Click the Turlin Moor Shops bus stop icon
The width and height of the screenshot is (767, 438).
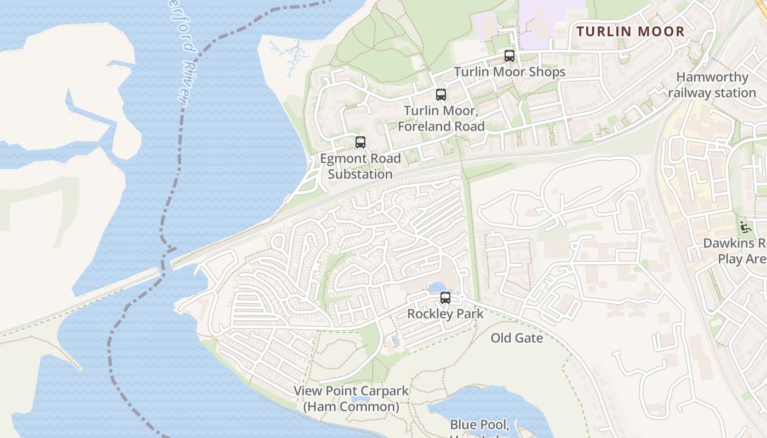coord(510,56)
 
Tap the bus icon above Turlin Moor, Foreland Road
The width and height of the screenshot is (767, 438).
coord(441,95)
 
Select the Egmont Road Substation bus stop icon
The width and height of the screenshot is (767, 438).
coord(360,142)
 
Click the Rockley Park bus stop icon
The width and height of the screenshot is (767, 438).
coord(445,298)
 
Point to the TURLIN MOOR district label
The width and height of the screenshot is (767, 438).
coord(631,31)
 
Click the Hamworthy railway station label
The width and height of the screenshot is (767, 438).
coord(712,85)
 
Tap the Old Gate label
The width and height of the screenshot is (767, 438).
coord(517,338)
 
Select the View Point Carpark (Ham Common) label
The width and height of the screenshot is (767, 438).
coord(351,399)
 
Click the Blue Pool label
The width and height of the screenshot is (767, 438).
coord(480,425)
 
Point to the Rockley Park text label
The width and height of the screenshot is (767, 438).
coord(445,314)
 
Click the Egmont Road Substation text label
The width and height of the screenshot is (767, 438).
coord(360,166)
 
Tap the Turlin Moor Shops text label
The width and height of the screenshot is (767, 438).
coord(510,72)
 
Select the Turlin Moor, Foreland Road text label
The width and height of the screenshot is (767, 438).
coord(441,118)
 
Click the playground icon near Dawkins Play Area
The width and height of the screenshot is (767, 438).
coord(744,226)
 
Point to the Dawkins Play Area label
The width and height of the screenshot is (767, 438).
coord(737,251)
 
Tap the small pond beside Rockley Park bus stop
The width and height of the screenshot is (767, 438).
coord(437,287)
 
